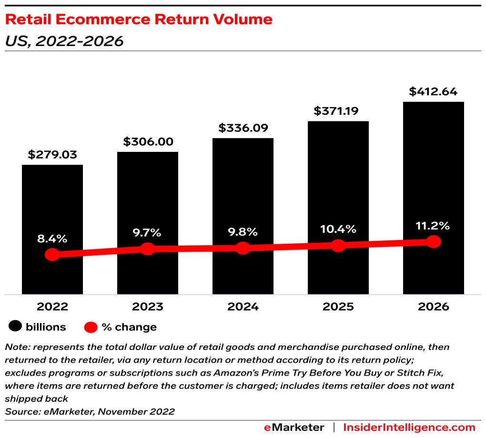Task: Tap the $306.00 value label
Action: coord(148,142)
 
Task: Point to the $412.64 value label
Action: coord(433,91)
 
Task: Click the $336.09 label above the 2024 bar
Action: coord(243,128)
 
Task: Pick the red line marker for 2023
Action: coord(148,249)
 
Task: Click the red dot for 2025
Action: coord(338,246)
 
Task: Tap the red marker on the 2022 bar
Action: coord(52,254)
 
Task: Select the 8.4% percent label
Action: coord(52,239)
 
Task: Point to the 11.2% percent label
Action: coord(433,226)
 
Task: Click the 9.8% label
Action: coord(243,232)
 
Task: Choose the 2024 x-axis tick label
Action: coord(243,307)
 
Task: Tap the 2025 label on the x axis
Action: coord(338,307)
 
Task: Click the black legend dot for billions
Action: coord(16,327)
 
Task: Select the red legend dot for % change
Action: coord(91,327)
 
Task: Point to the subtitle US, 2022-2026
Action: coord(64,41)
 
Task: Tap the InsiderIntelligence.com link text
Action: coord(409,427)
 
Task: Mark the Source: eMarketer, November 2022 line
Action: coord(90,411)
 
